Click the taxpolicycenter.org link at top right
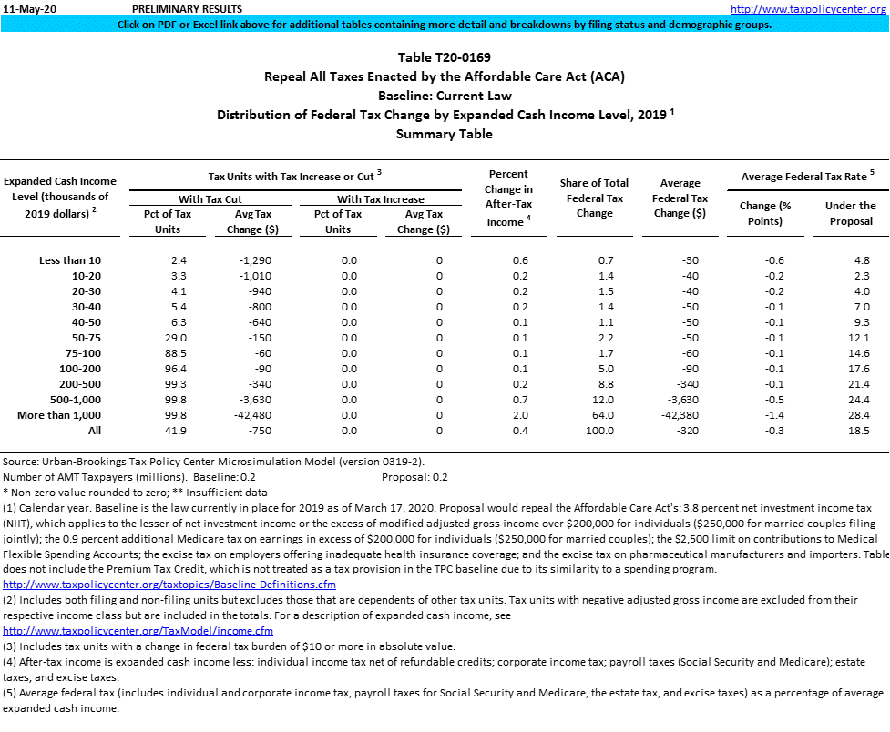pos(808,8)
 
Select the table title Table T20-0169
pos(445,57)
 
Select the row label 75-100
pos(84,352)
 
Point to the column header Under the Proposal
pos(849,213)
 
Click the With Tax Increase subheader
pos(380,198)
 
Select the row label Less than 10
pos(70,260)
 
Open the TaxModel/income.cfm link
pos(138,631)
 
